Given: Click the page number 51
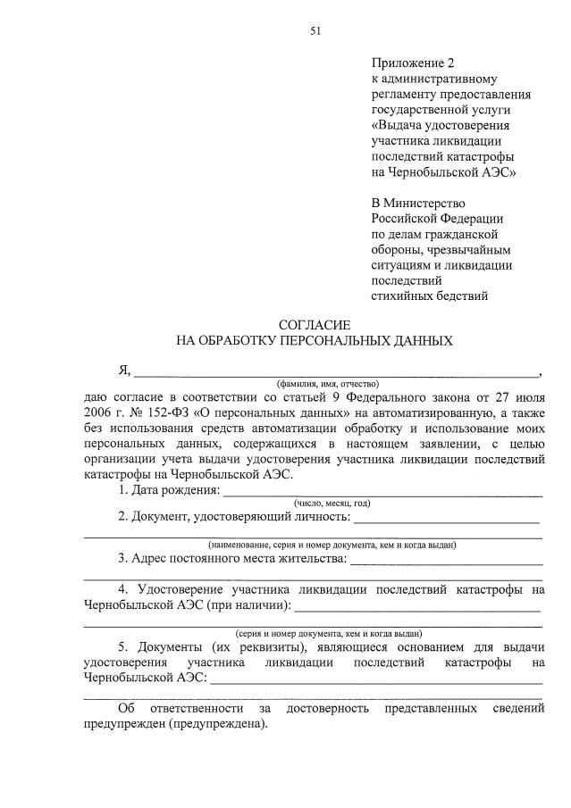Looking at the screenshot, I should (315, 31).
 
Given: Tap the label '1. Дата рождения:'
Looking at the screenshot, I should (169, 490).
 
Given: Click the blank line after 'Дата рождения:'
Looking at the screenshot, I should (382, 492).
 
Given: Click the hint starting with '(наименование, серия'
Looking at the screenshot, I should (332, 544).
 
